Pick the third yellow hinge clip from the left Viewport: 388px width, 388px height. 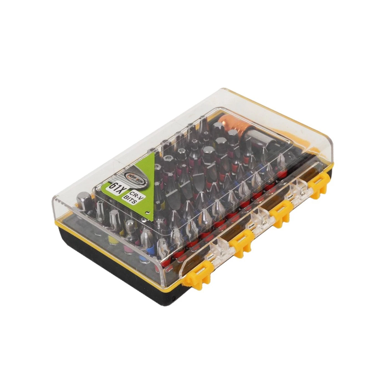[x=280, y=212]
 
